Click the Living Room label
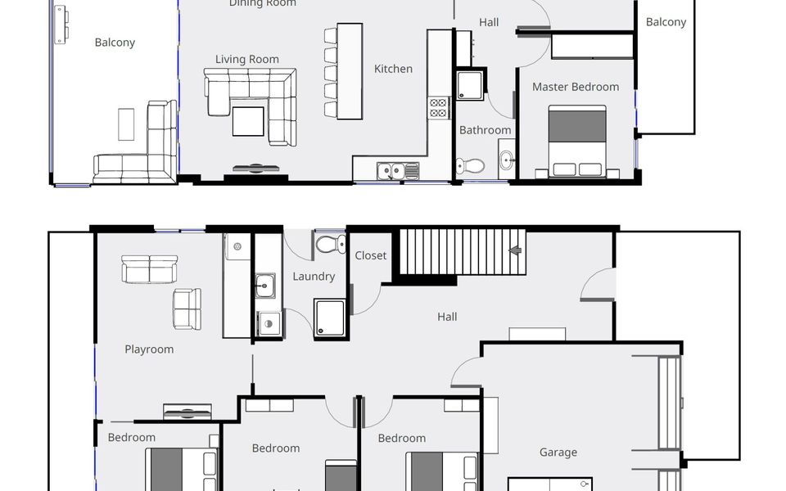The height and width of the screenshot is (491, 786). coord(246,59)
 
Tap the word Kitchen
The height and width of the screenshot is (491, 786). coord(393,69)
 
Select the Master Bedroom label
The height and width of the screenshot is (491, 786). coord(575,87)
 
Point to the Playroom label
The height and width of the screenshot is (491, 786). coord(149,349)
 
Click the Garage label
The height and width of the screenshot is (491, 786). coord(558,452)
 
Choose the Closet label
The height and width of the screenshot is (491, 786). coord(370,255)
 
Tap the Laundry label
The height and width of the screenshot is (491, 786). coord(314,277)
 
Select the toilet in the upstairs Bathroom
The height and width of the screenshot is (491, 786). coord(470,165)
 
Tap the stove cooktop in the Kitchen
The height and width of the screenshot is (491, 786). coord(439,108)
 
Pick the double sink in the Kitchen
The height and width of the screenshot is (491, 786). coord(398,170)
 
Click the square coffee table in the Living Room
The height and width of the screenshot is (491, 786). coord(248,121)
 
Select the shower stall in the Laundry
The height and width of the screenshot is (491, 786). coord(331,318)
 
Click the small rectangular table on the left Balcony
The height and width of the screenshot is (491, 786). coord(126,124)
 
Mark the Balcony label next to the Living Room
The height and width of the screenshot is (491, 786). coord(115,43)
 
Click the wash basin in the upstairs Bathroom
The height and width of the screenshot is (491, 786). coord(505,159)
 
